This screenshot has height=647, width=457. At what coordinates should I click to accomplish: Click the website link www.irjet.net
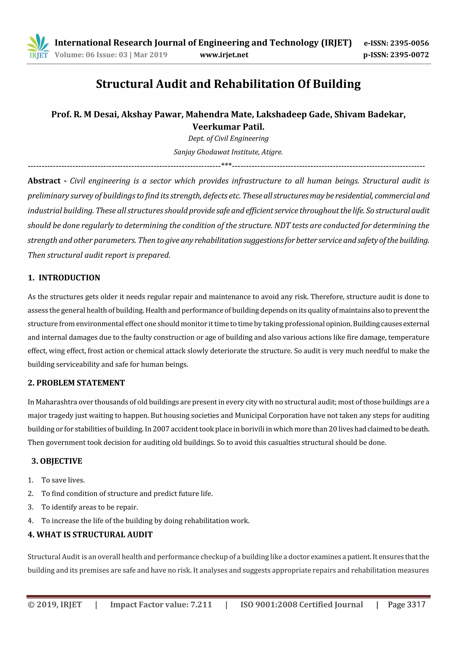point(224,55)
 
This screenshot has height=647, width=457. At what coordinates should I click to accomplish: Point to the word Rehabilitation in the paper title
point(254,84)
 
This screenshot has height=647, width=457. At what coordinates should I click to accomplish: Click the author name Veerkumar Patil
point(228,127)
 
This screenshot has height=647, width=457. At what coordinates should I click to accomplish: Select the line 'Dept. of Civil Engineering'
point(228,138)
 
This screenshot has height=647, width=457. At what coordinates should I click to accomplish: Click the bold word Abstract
point(44,181)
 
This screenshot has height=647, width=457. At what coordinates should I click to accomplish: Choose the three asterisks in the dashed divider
point(226,165)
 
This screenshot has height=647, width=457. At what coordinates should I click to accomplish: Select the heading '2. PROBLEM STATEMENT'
point(76,383)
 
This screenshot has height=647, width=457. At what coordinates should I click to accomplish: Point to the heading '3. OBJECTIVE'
point(57,461)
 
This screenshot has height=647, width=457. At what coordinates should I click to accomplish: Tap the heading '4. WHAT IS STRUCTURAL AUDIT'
point(90,535)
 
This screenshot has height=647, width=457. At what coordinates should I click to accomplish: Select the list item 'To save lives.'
point(63,480)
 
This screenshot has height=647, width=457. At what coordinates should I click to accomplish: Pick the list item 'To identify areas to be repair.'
point(90,507)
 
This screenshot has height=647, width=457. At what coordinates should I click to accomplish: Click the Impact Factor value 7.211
point(201,605)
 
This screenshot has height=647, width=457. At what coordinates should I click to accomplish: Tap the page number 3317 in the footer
point(416,605)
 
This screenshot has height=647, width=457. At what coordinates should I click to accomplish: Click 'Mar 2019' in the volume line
point(151,55)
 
